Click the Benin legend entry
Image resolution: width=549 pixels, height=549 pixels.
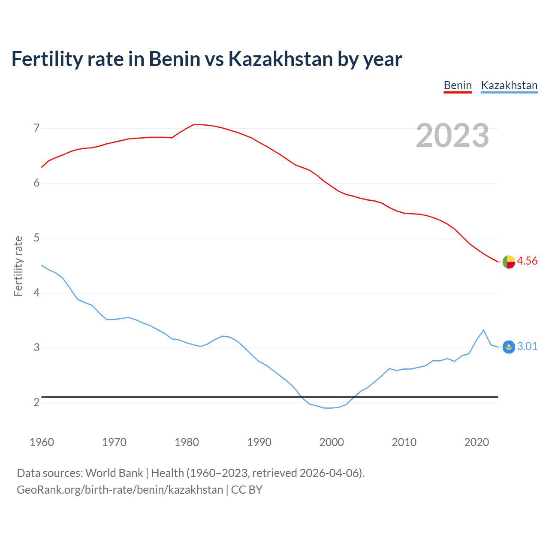[x=458, y=86]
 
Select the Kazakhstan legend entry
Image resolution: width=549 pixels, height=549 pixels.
[x=509, y=86]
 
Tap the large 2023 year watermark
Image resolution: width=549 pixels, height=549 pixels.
[x=452, y=136]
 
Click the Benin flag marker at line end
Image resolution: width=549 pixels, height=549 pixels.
[x=509, y=262]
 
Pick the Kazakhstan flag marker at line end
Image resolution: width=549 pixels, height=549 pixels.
[x=509, y=347]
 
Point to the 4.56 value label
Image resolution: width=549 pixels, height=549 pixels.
[x=527, y=261]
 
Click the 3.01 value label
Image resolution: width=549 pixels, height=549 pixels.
[x=527, y=346]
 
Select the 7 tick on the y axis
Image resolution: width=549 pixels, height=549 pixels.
[x=36, y=128]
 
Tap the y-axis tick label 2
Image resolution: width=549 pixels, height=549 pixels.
[x=36, y=402]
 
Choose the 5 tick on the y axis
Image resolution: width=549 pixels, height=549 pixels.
[x=36, y=238]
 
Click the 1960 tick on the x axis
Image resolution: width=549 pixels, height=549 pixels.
[x=42, y=442]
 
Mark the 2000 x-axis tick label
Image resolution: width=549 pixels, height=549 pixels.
[x=332, y=442]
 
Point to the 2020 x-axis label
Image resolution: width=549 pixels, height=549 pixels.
[x=477, y=442]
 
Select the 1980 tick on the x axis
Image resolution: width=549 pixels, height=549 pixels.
[x=187, y=442]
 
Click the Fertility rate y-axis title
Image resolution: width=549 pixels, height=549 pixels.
[x=18, y=266]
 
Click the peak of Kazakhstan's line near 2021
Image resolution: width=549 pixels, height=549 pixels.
[x=484, y=330]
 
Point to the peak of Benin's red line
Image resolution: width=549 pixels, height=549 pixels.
[x=196, y=124]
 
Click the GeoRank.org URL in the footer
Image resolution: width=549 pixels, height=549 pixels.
[x=120, y=490]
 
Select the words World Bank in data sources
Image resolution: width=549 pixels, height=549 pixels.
[x=114, y=473]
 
